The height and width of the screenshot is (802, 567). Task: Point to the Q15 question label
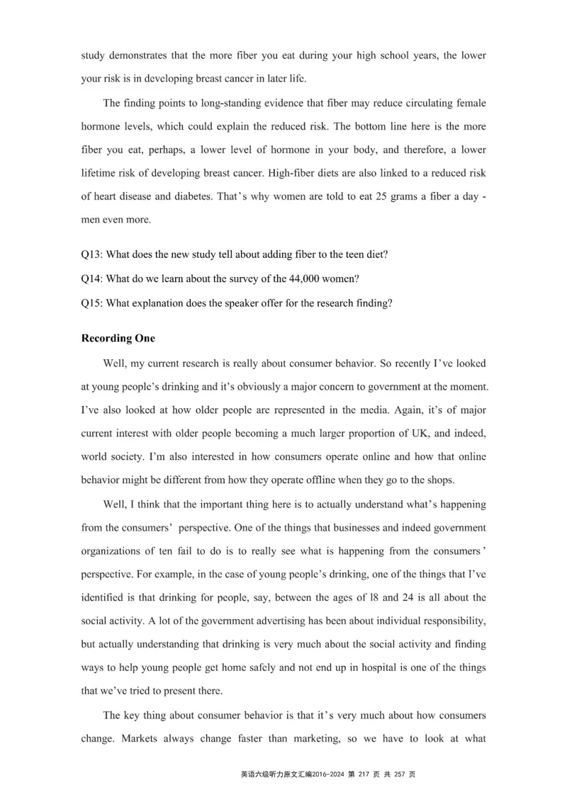pyautogui.click(x=93, y=304)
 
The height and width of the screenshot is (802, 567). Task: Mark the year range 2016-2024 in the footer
pyautogui.click(x=330, y=774)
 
